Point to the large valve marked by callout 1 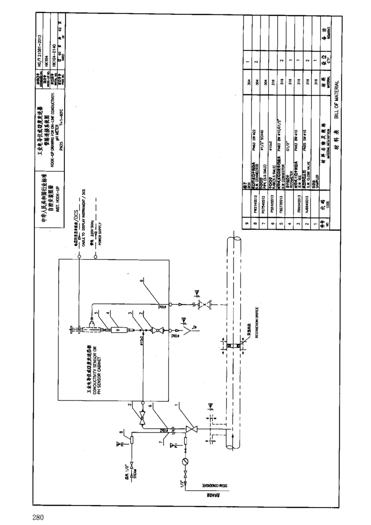tap(191, 430)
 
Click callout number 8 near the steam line tap(121, 432)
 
